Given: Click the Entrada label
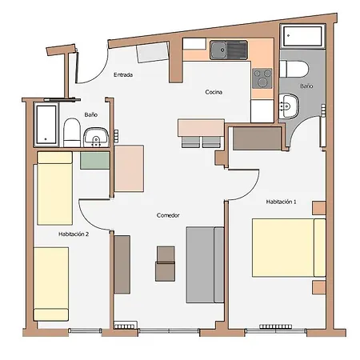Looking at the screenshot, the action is coord(123,74).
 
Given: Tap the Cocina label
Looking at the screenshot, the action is coord(214,92).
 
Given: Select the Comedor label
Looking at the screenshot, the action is coord(168,215).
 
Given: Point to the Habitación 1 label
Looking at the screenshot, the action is coord(281,202).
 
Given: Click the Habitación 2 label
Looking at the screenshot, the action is coord(74,234).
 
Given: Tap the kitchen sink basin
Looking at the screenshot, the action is coord(218,50).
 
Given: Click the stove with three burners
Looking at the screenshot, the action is coord(262,78).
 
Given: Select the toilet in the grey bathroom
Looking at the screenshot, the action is coord(294,69).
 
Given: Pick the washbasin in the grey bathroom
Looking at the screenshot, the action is coord(289,106).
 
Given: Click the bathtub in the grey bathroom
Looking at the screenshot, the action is coord(302,36).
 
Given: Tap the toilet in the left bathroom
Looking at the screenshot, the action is coord(72,133).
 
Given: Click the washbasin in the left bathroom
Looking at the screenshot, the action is coord(96,137).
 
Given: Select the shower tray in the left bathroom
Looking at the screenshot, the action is coord(46,125).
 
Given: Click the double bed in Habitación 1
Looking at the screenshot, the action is coord(289,248).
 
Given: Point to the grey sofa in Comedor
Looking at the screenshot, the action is coord(205,265).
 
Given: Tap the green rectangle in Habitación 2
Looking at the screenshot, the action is coord(95,161).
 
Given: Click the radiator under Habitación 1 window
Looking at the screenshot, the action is coord(275,326).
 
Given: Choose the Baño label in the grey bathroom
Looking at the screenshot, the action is coord(306,86).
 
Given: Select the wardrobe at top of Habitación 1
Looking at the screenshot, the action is coord(258,138).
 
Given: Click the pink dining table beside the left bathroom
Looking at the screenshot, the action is coord(130,169).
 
